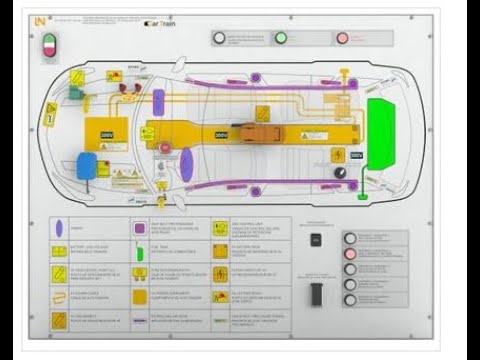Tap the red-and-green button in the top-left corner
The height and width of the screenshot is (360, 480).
(x=48, y=43)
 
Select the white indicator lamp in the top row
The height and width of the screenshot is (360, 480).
(x=219, y=38)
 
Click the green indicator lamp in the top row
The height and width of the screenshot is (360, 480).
(x=281, y=38)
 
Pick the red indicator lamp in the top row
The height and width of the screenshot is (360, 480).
(x=342, y=38)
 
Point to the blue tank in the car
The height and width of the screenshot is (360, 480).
(x=87, y=165)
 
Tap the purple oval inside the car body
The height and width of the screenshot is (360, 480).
(x=186, y=164)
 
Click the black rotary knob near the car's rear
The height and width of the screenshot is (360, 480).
(x=341, y=173)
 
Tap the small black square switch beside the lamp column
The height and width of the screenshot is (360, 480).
(x=316, y=240)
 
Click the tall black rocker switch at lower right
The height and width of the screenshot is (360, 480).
(x=316, y=294)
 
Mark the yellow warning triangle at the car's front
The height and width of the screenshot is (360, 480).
(x=49, y=114)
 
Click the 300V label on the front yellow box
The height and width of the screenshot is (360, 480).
(x=106, y=134)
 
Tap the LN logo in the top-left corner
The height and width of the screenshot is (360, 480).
(x=39, y=20)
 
